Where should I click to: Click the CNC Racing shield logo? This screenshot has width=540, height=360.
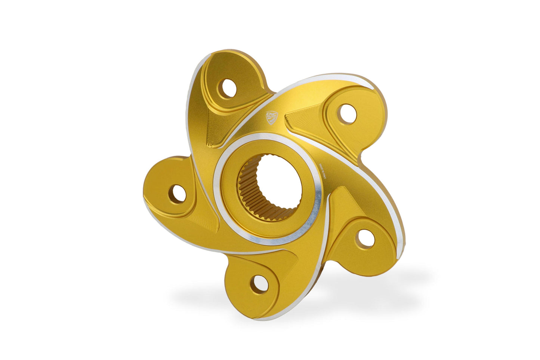272,117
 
